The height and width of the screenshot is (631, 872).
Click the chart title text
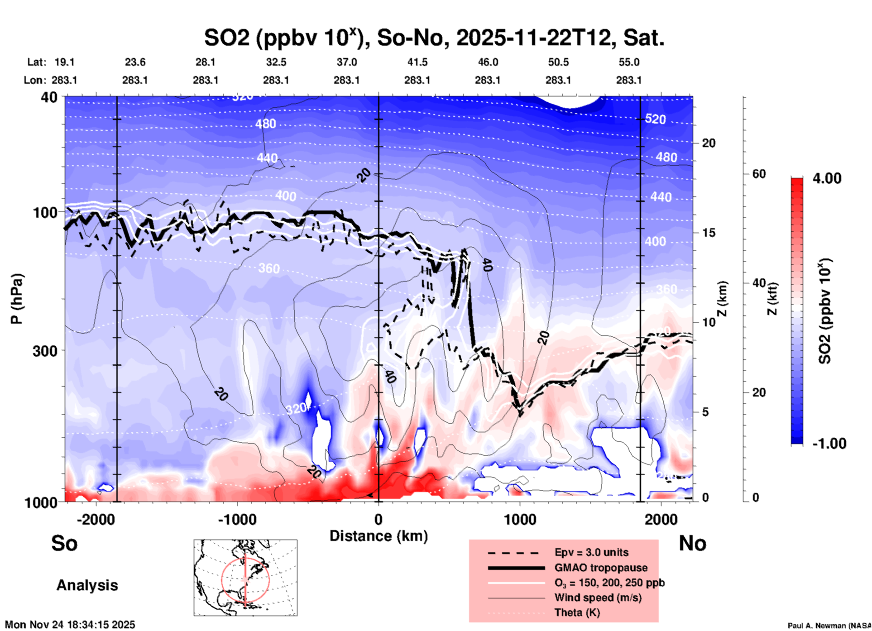434,38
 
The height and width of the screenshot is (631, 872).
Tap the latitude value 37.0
346,62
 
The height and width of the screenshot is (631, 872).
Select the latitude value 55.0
629,62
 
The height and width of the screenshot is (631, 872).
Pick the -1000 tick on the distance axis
237,520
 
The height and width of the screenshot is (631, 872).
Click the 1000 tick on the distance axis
520,520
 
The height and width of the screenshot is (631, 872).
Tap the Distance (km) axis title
379,536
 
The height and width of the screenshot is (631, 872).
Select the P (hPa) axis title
17,299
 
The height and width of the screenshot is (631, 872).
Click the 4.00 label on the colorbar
827,178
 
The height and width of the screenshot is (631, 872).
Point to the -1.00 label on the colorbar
829,444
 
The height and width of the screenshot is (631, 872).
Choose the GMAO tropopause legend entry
601,568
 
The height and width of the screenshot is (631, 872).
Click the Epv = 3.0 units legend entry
591,552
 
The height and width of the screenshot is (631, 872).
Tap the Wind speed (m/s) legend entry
598,598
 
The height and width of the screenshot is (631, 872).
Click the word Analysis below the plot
87,585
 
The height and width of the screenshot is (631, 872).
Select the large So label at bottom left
64,543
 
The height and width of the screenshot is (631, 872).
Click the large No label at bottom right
692,543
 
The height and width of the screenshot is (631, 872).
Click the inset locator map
245,577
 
